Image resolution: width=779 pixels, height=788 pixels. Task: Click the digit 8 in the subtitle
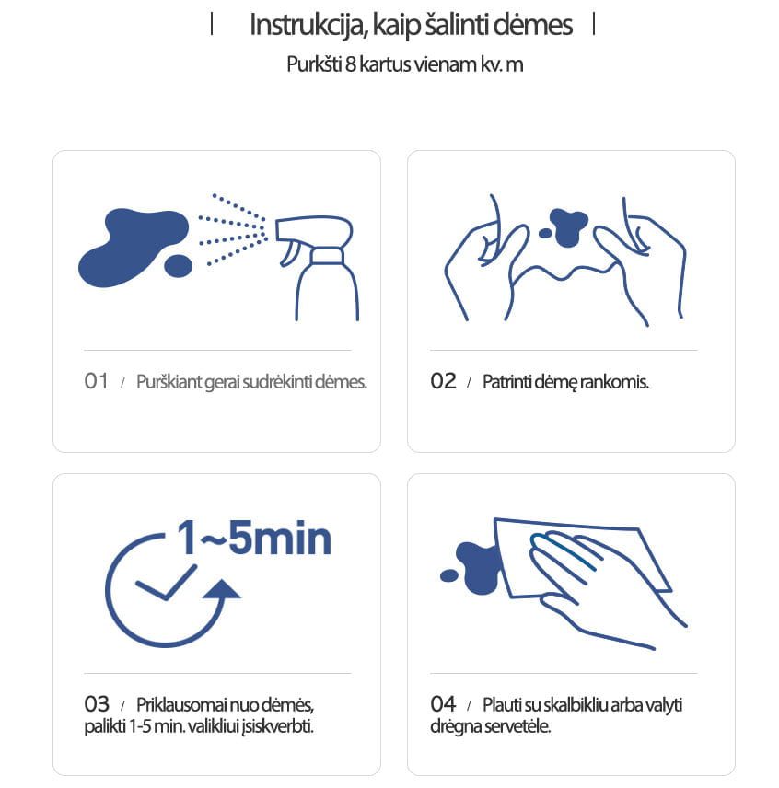[350, 64]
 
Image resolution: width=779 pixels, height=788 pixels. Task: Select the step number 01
[96, 381]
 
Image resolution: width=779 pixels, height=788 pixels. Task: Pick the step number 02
[443, 381]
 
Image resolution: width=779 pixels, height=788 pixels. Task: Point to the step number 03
[97, 704]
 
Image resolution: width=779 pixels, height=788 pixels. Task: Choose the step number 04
[443, 704]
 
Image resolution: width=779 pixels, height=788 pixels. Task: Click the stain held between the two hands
[568, 227]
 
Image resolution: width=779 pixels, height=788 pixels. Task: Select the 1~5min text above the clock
[254, 539]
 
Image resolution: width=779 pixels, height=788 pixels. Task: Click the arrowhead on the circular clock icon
[222, 589]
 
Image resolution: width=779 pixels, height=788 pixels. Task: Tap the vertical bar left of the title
[212, 24]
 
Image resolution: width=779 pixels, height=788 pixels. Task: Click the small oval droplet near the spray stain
[179, 266]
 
